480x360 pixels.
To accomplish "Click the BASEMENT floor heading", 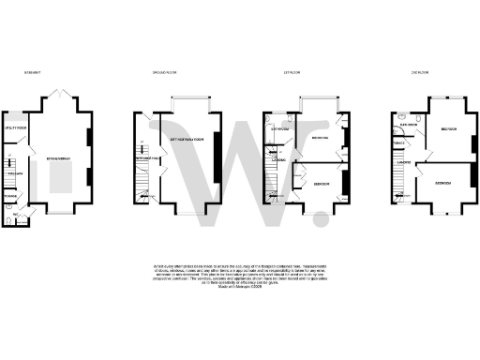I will coord(35,71).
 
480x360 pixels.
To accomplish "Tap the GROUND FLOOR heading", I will coord(167,71).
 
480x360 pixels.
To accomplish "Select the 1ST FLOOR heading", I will coord(291,71).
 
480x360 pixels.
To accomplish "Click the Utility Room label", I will coord(15,127).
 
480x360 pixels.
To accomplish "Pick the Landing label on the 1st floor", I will coord(279,159).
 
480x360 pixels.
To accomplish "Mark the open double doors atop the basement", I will coord(57,96).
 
